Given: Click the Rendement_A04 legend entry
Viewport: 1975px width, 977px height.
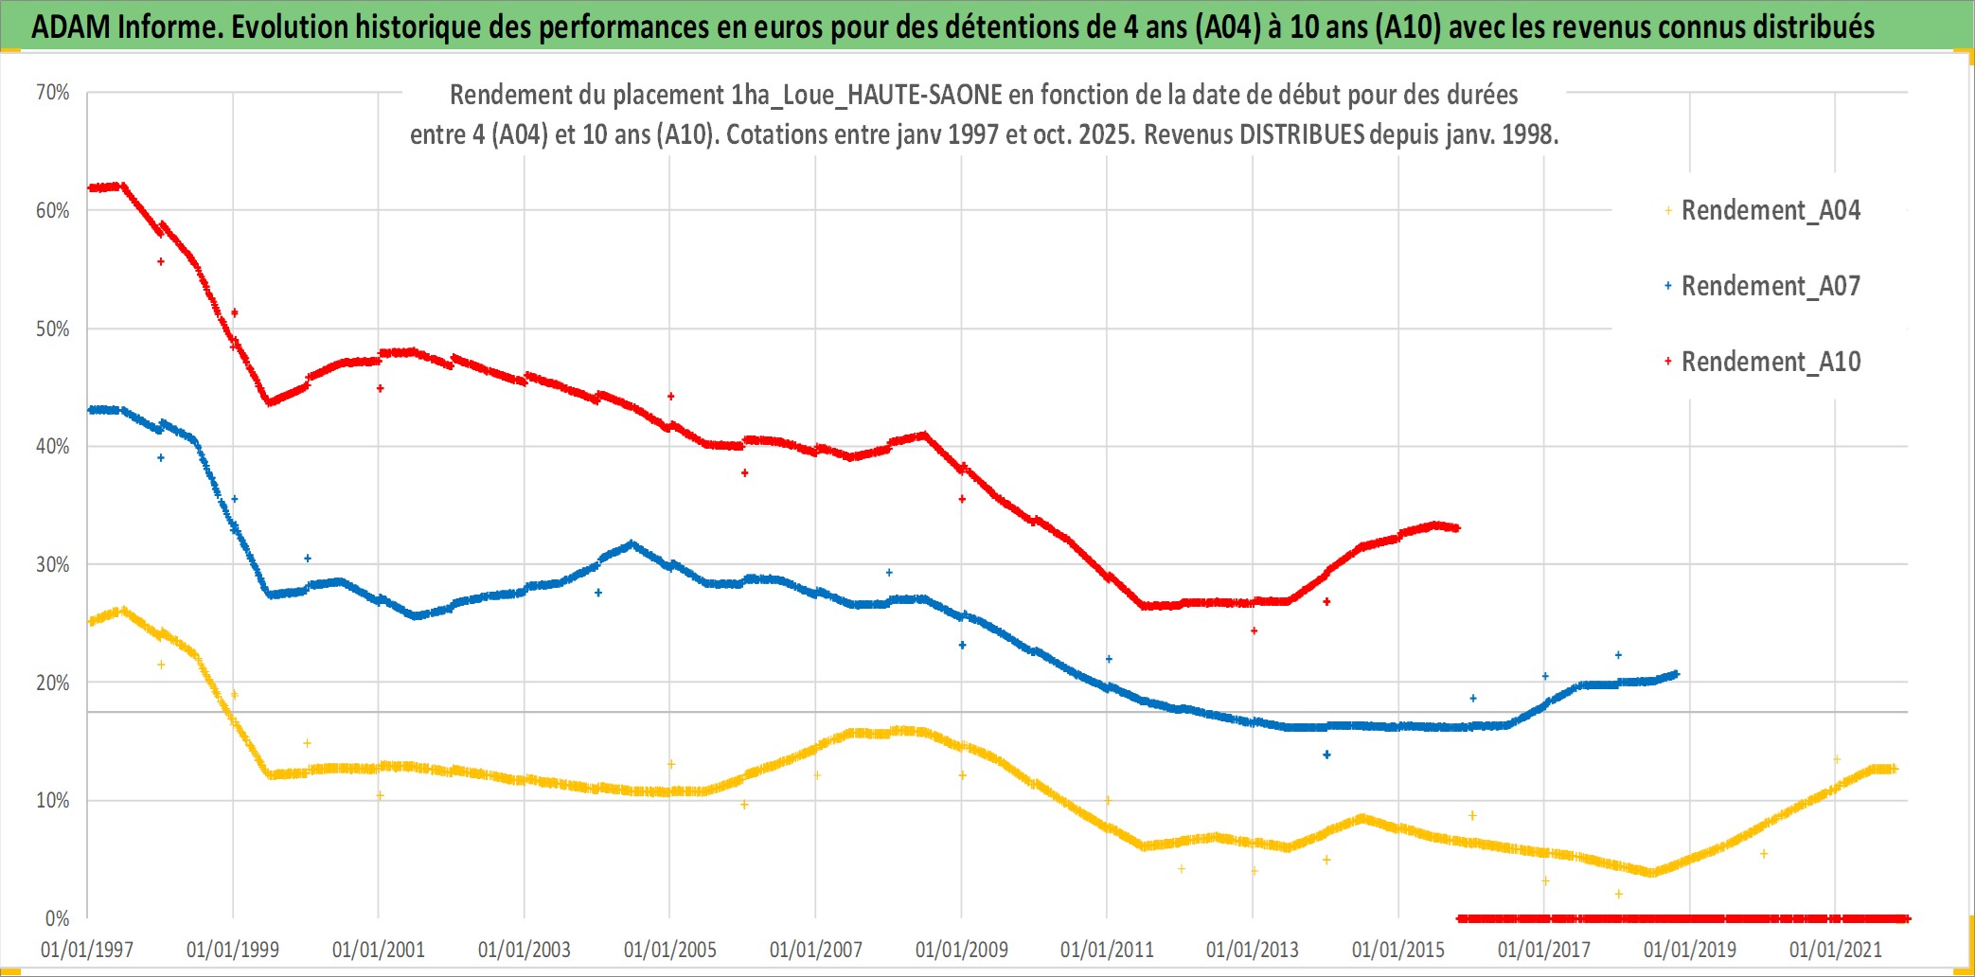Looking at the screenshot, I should (x=1770, y=210).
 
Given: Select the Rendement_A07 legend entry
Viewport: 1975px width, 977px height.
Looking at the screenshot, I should (x=1770, y=286).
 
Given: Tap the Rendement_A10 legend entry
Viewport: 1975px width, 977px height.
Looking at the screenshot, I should (x=1770, y=362).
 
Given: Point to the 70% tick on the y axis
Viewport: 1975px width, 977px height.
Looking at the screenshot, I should (x=53, y=93).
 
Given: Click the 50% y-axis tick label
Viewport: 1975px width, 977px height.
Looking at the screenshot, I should (x=53, y=329).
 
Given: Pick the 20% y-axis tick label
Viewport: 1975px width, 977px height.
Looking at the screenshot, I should (x=53, y=683).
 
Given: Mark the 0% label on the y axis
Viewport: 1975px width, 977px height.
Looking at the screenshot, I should (x=57, y=918).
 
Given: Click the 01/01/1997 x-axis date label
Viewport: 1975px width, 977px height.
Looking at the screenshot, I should (x=87, y=950).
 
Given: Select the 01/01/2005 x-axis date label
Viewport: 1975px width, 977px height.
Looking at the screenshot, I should (x=670, y=950).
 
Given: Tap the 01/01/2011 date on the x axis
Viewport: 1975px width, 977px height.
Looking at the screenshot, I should (x=1107, y=950).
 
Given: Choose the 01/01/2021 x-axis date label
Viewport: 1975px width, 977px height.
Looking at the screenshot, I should (x=1836, y=950).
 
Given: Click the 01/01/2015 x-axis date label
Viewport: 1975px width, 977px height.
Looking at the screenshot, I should (x=1398, y=950).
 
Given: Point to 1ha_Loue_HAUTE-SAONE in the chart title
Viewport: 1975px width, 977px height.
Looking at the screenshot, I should (x=866, y=95).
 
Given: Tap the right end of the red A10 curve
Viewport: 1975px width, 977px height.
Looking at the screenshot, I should (x=1457, y=528).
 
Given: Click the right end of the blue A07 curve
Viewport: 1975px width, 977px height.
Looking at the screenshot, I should (x=1676, y=674).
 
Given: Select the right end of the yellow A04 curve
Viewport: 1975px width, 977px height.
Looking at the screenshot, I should (x=1894, y=769).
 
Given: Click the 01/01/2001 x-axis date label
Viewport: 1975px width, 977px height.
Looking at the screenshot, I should (x=379, y=950).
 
